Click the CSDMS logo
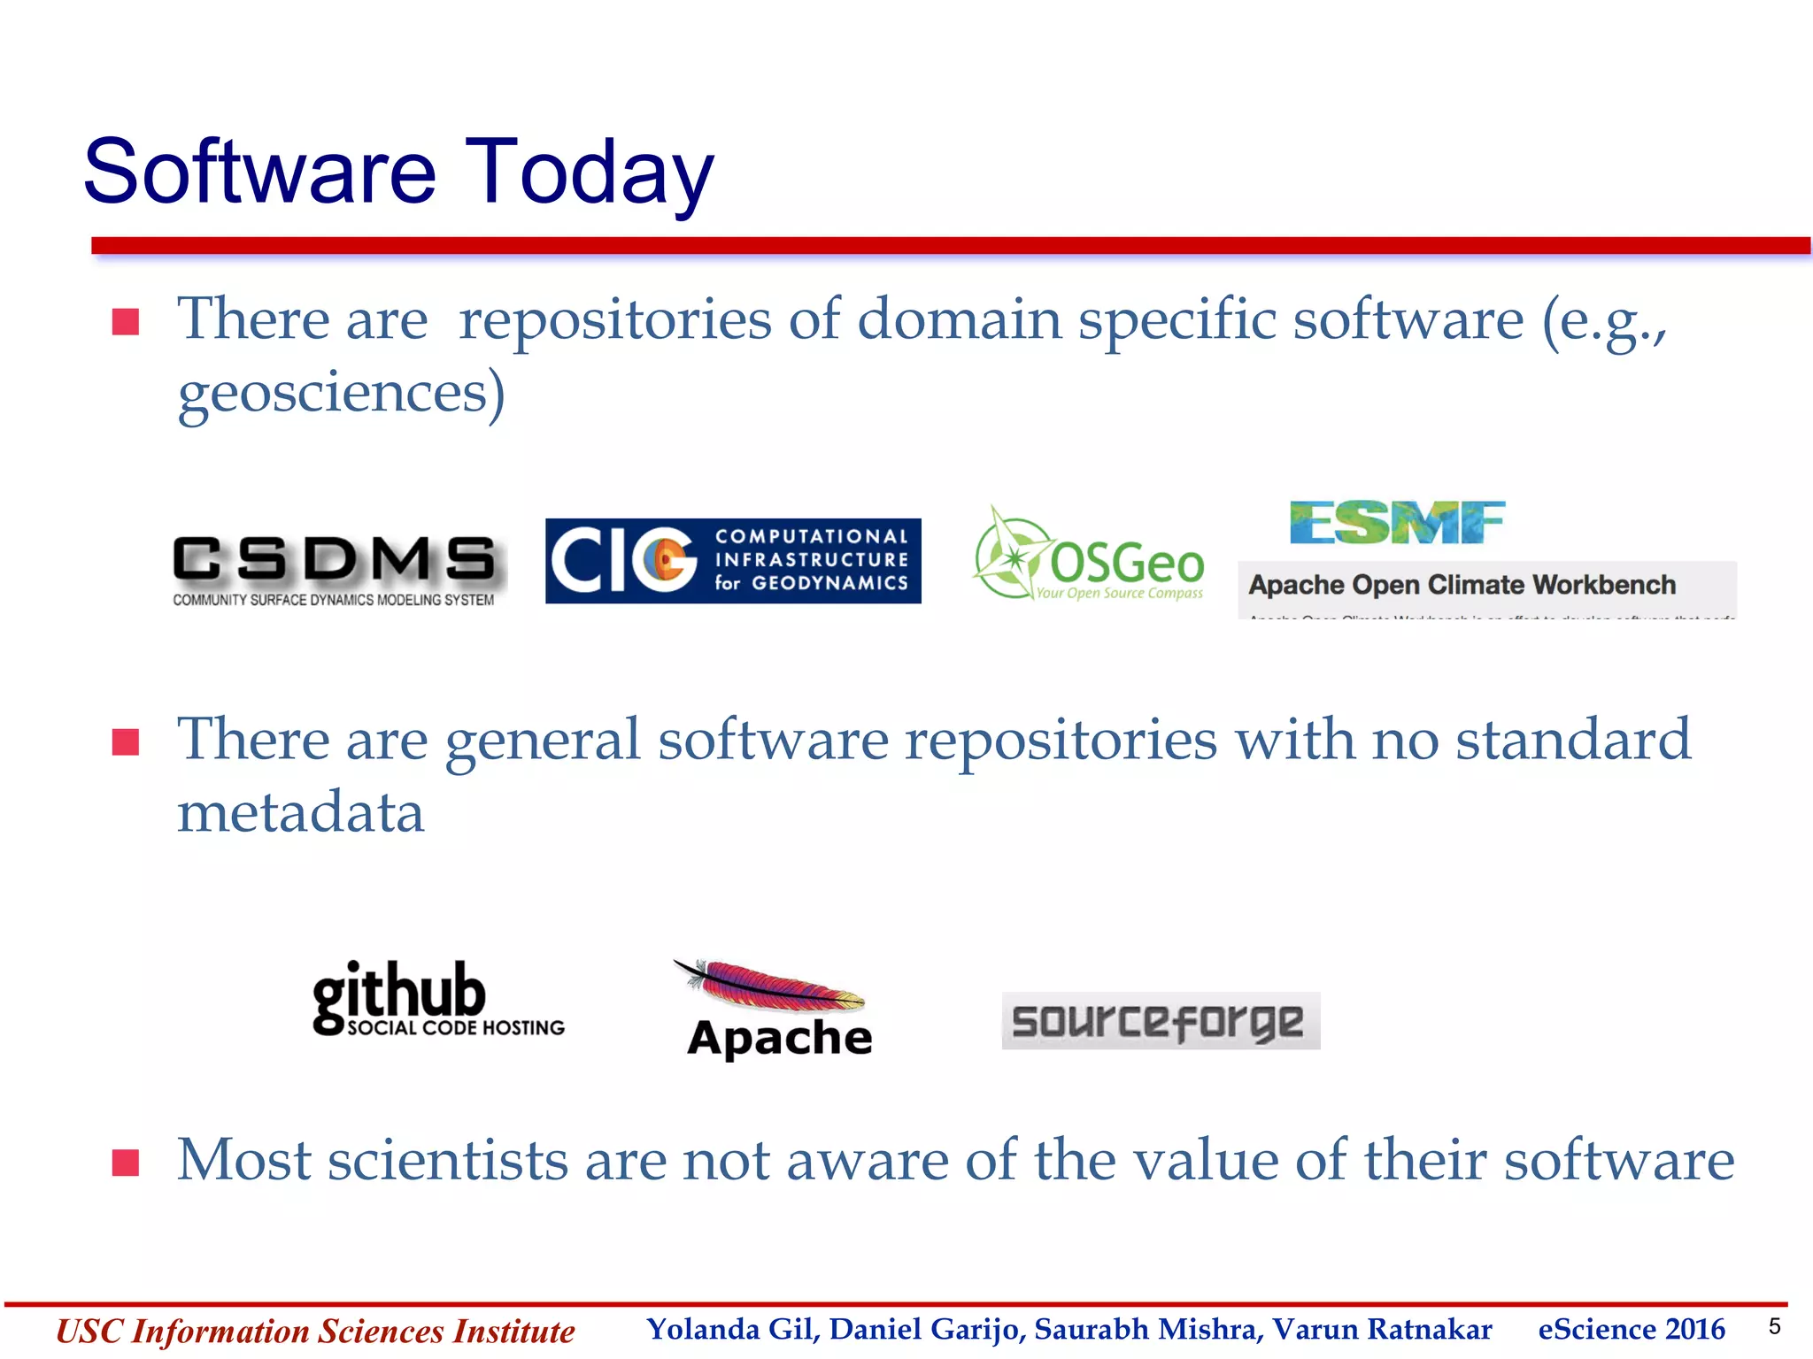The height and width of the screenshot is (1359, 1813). tap(334, 569)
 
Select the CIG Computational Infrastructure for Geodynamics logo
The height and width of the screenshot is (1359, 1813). tap(733, 561)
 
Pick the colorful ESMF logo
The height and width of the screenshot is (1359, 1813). tap(1396, 522)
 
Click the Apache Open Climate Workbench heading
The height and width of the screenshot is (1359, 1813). tap(1462, 585)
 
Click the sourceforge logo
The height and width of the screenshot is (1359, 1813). tap(1160, 1021)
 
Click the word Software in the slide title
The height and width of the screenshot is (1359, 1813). tap(260, 172)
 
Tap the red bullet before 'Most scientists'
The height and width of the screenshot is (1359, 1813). tap(126, 1162)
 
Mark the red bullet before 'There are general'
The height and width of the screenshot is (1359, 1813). tap(126, 741)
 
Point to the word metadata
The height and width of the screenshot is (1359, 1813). tap(301, 812)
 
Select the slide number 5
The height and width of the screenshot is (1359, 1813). tap(1774, 1326)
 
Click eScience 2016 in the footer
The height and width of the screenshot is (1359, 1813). tap(1631, 1329)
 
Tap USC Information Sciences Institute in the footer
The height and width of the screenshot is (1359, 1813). tap(315, 1331)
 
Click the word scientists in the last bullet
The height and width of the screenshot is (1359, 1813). tap(447, 1160)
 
